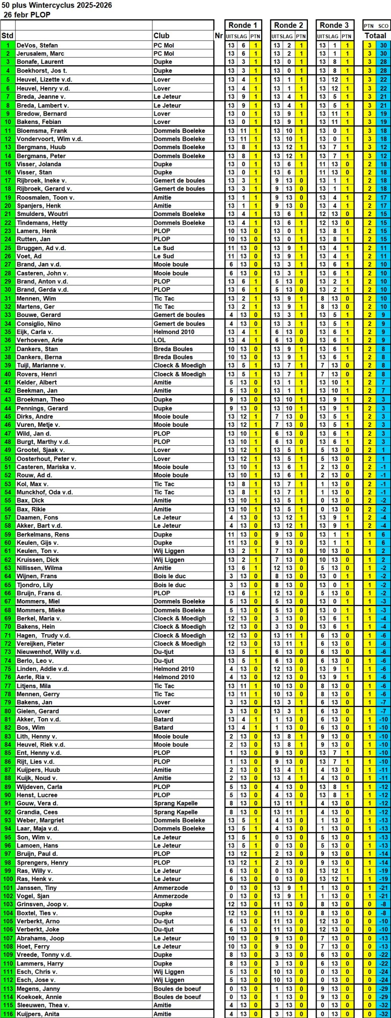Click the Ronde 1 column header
[243, 25]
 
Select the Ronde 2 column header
[288, 25]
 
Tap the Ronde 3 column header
[334, 25]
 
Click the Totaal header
[376, 36]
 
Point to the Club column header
[161, 36]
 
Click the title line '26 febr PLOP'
[27, 15]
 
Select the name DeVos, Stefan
[37, 45]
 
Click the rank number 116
[8, 1014]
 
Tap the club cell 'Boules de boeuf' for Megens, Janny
[177, 989]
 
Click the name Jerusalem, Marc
[40, 53]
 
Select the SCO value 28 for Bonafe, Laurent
[383, 62]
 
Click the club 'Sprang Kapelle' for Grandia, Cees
[176, 812]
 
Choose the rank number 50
[8, 458]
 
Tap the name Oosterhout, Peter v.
[46, 458]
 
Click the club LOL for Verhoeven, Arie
[160, 340]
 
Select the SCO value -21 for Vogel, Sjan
[383, 896]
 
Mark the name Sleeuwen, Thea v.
[43, 1005]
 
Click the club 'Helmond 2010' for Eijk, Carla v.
[174, 332]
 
